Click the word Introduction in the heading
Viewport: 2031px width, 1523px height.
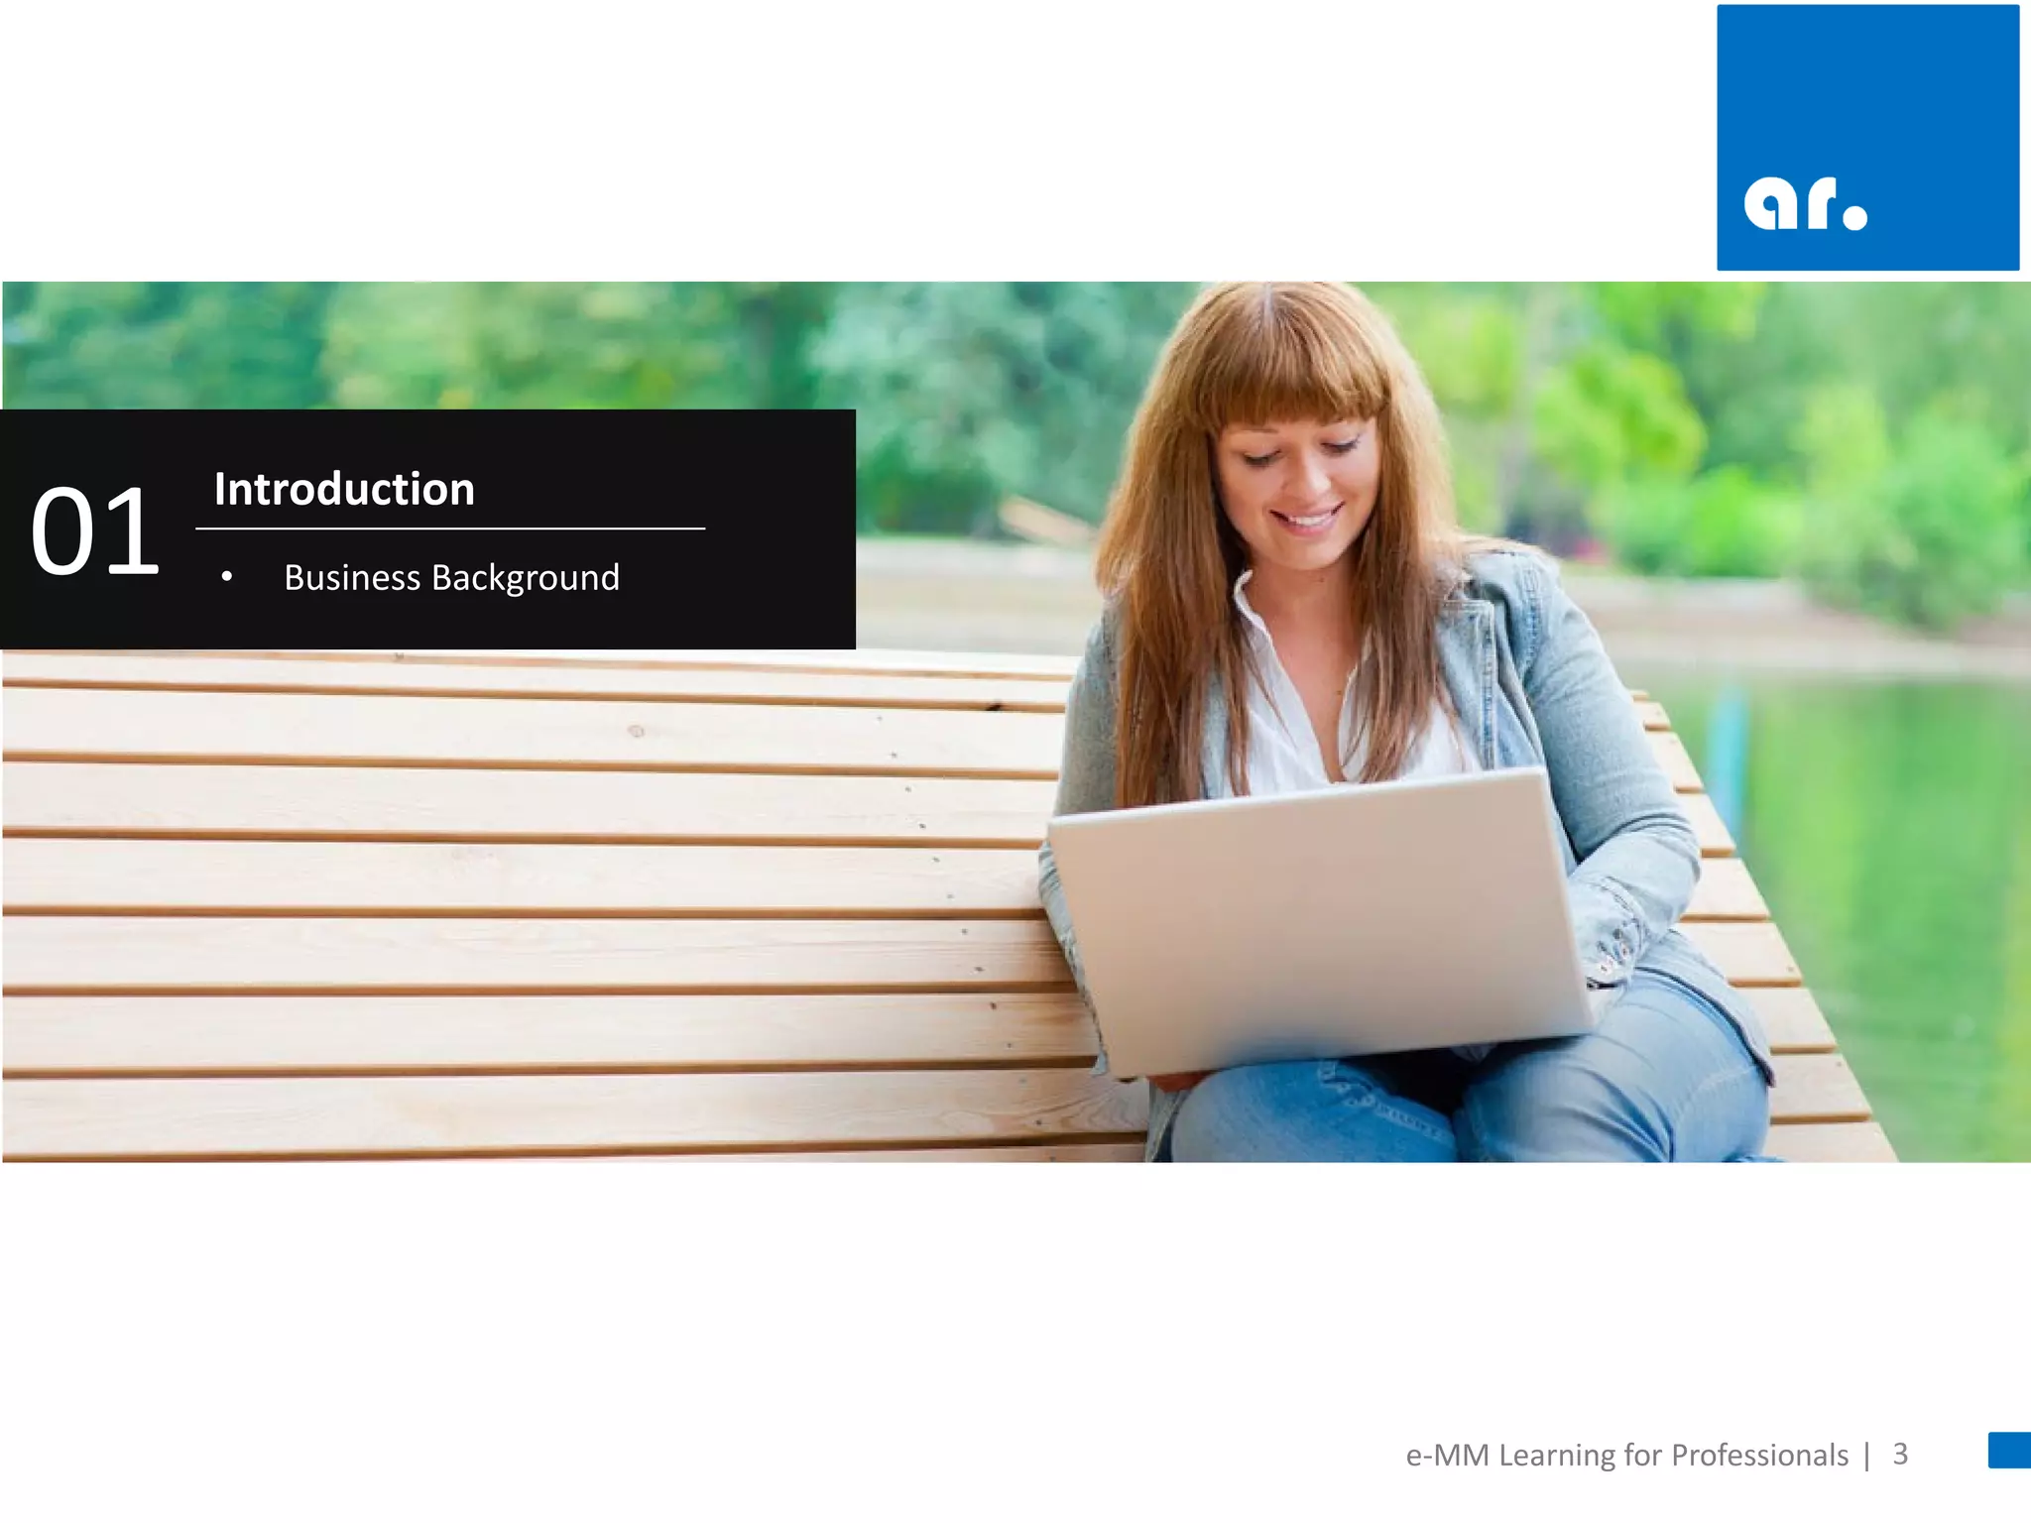(x=344, y=489)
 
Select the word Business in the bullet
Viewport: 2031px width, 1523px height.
(x=352, y=577)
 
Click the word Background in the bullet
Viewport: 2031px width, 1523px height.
(x=526, y=577)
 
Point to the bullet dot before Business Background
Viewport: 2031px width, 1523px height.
(x=227, y=576)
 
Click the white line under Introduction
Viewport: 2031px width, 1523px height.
(x=450, y=528)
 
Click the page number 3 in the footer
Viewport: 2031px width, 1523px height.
(x=1900, y=1454)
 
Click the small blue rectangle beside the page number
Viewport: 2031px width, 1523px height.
(x=2009, y=1450)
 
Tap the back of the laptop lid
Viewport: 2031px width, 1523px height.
(x=1319, y=922)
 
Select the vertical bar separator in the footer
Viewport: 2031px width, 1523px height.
(x=1866, y=1455)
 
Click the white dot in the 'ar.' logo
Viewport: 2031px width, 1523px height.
(x=1853, y=215)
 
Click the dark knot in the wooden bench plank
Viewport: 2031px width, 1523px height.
(x=637, y=731)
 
